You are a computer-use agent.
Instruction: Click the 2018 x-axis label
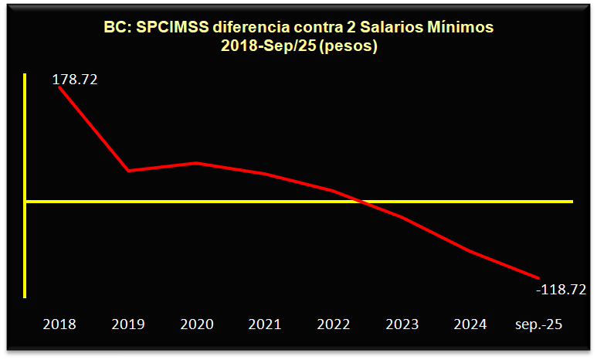click(59, 324)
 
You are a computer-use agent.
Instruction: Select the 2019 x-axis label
click(128, 324)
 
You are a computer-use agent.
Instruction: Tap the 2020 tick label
click(197, 324)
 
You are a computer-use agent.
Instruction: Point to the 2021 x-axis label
click(265, 324)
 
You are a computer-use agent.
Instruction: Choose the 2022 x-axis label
click(334, 324)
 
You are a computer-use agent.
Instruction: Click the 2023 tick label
click(402, 324)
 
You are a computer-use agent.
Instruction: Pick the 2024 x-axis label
click(470, 324)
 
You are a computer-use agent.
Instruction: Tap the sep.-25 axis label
click(538, 324)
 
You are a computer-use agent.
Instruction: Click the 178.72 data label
click(75, 80)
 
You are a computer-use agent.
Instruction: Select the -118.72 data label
click(561, 290)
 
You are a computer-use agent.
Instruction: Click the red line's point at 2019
click(128, 171)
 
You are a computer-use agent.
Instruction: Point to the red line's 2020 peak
click(197, 163)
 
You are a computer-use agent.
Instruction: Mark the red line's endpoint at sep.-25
click(538, 278)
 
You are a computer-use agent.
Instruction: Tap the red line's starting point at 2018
click(59, 87)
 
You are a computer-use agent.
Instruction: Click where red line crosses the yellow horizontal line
click(361, 202)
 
